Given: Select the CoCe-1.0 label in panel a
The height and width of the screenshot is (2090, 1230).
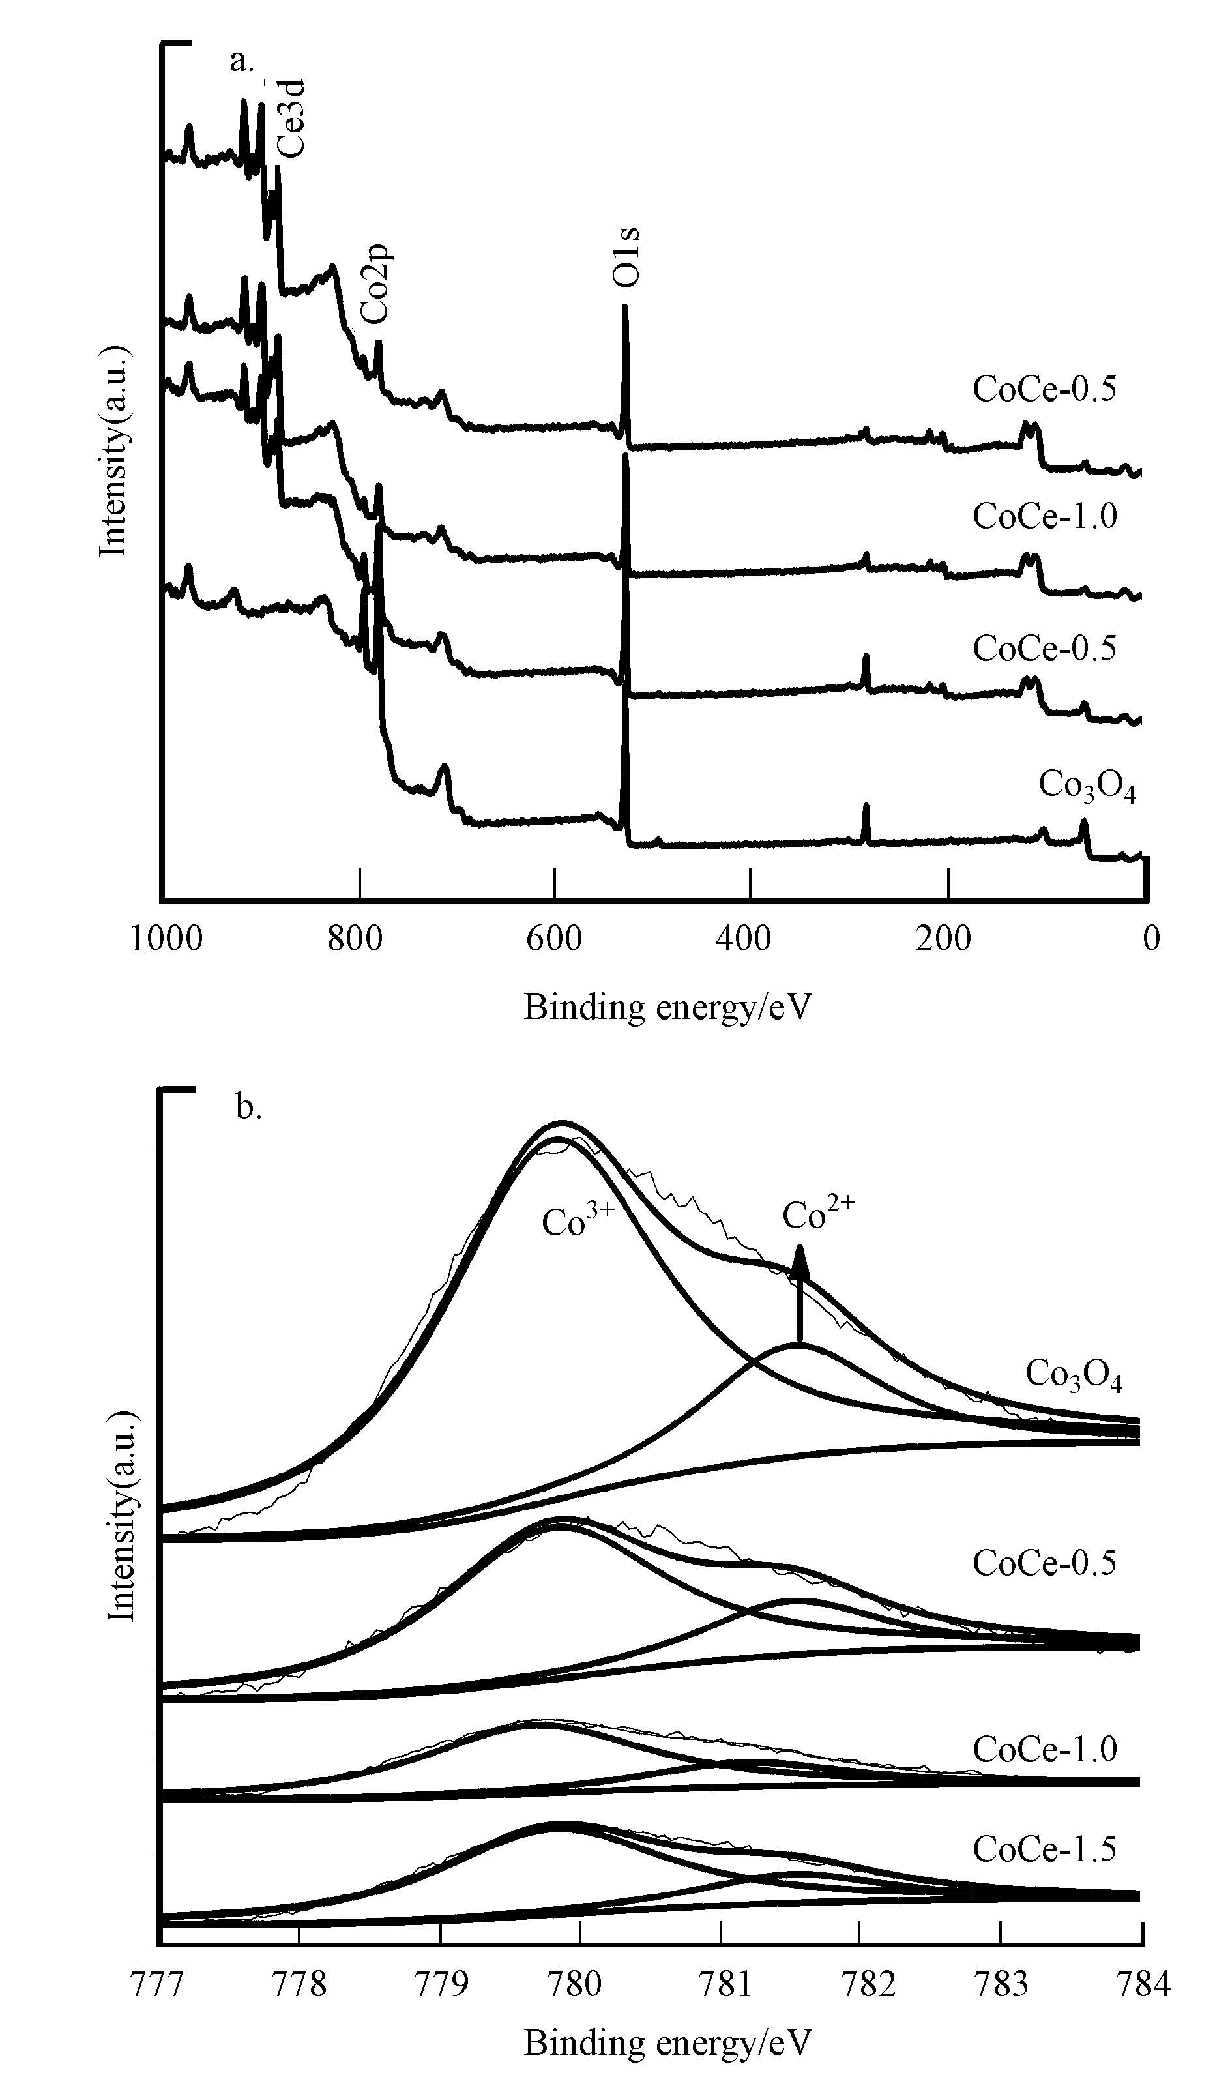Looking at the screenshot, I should pyautogui.click(x=1044, y=516).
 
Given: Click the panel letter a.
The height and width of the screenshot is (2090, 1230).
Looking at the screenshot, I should pyautogui.click(x=241, y=61).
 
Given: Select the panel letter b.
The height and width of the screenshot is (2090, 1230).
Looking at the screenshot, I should pyautogui.click(x=248, y=1107).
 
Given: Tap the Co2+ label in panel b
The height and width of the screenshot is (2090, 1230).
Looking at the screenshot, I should pyautogui.click(x=818, y=1215).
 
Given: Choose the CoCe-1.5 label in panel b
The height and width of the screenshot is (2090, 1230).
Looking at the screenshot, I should pyautogui.click(x=1044, y=1849).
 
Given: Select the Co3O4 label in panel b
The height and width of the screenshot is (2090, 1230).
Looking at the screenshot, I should pyautogui.click(x=1074, y=1374).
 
